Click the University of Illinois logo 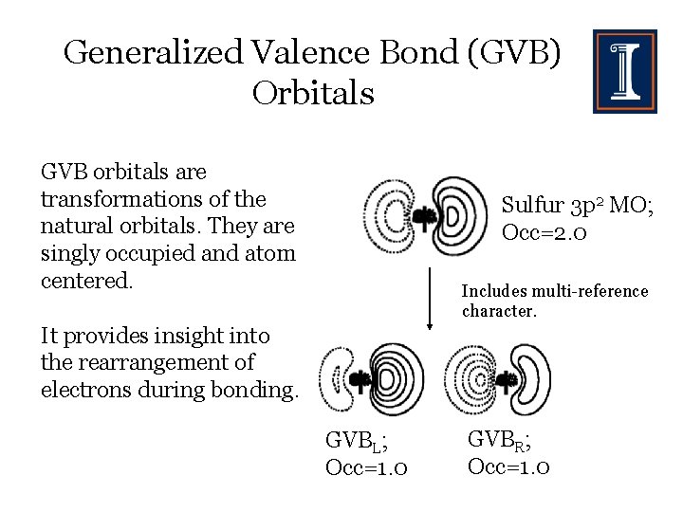coord(624,71)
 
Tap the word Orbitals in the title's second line coord(313,93)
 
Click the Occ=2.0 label coord(545,232)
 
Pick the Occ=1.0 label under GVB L coord(367,467)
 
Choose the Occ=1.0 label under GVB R coord(509,466)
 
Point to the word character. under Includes coord(499,311)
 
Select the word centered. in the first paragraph coord(84,282)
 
